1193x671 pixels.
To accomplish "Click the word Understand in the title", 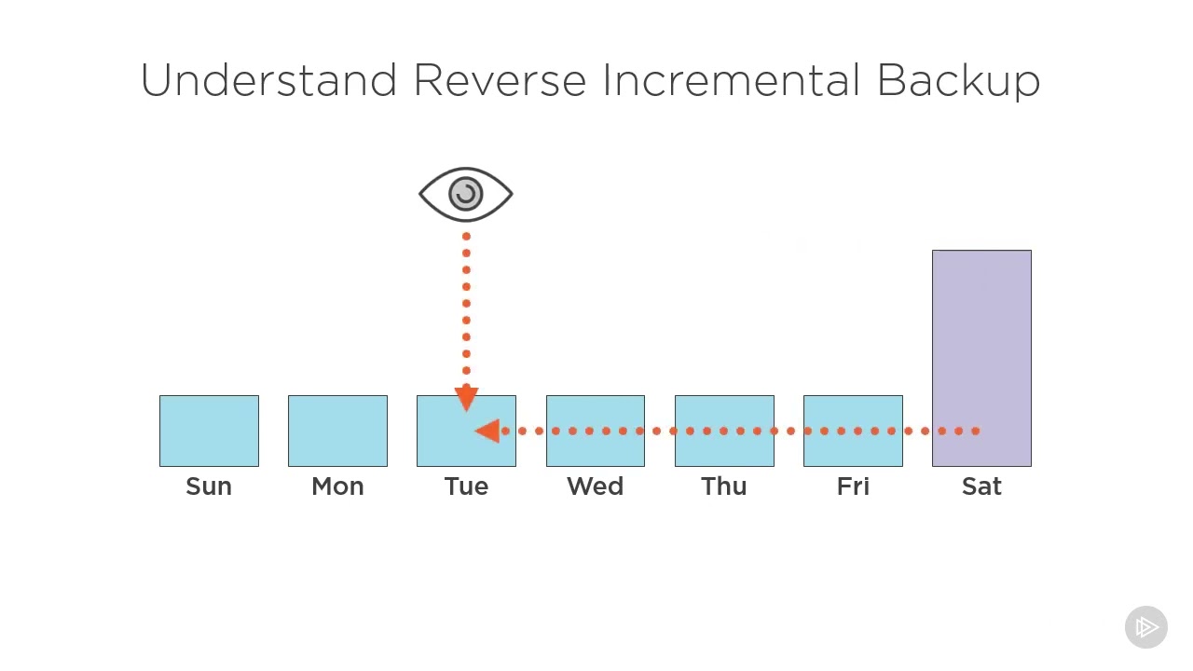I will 268,81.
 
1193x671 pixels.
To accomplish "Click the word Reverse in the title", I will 499,81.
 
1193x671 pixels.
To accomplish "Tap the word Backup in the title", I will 958,81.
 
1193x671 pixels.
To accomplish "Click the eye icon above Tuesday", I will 466,195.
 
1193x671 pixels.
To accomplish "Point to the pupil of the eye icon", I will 466,194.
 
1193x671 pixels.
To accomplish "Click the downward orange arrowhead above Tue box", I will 466,400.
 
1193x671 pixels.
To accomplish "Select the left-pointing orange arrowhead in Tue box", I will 487,431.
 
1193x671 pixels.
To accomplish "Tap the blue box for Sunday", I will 209,431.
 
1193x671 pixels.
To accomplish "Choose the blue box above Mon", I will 337,431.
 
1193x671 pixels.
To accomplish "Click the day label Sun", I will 209,486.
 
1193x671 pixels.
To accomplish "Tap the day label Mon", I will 337,486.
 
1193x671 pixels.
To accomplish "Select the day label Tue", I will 466,486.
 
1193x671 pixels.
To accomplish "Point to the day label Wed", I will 595,486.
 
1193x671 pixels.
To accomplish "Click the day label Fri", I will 853,486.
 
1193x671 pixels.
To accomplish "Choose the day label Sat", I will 981,486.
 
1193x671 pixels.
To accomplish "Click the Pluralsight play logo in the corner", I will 1146,627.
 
